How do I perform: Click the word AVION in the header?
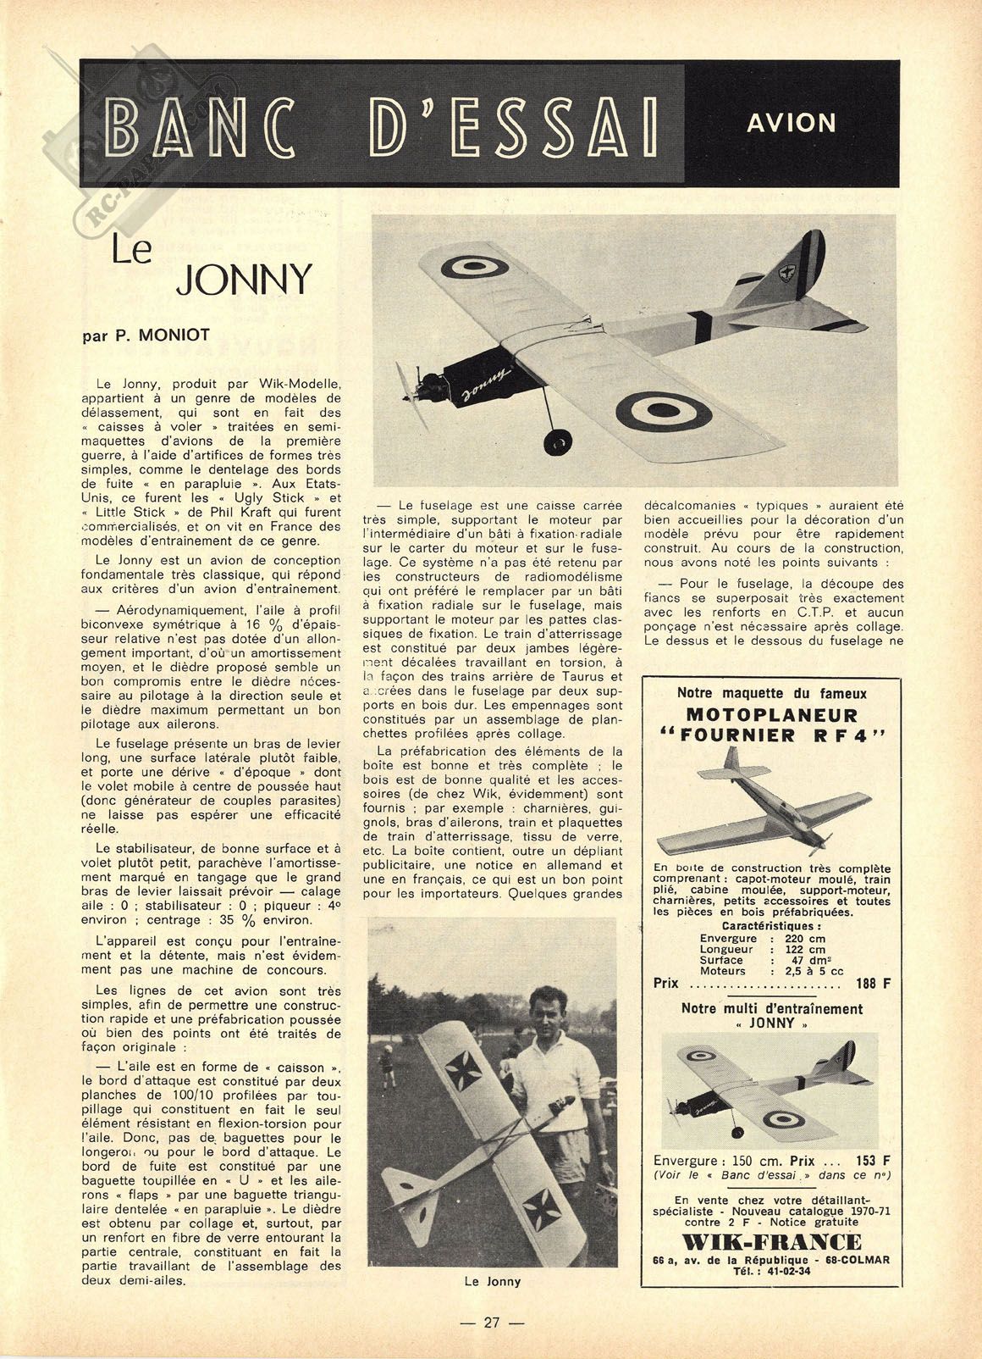pyautogui.click(x=792, y=123)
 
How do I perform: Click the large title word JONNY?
pyautogui.click(x=244, y=280)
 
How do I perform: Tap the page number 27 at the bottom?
pyautogui.click(x=492, y=1323)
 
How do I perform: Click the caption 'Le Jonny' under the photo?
pyautogui.click(x=492, y=1281)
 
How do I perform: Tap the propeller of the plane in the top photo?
pyautogui.click(x=408, y=389)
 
